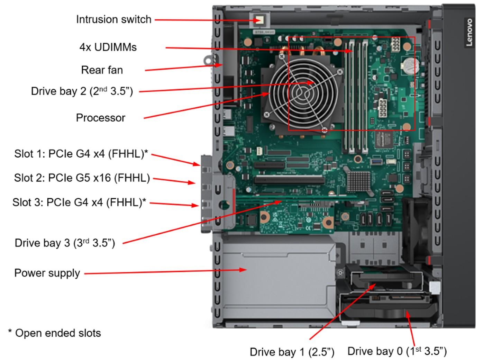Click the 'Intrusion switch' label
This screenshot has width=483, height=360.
click(x=113, y=19)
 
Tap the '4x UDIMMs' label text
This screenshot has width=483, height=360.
click(x=108, y=47)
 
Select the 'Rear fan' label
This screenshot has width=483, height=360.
click(x=102, y=70)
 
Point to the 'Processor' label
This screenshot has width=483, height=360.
click(x=100, y=118)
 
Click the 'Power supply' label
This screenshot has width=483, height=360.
click(x=47, y=273)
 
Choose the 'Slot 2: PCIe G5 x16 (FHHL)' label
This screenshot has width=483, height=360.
click(x=82, y=178)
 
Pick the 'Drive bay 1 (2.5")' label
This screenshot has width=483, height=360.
click(x=292, y=352)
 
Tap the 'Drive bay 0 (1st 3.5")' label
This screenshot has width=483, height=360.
click(x=397, y=351)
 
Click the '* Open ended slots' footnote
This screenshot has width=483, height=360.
click(x=55, y=333)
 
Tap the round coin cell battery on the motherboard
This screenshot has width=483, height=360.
click(x=411, y=65)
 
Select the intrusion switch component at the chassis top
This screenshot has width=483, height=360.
click(x=258, y=20)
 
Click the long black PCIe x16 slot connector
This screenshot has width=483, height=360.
click(x=289, y=180)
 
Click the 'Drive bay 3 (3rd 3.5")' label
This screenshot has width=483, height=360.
click(x=65, y=243)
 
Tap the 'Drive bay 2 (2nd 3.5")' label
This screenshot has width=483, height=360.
click(x=82, y=91)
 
